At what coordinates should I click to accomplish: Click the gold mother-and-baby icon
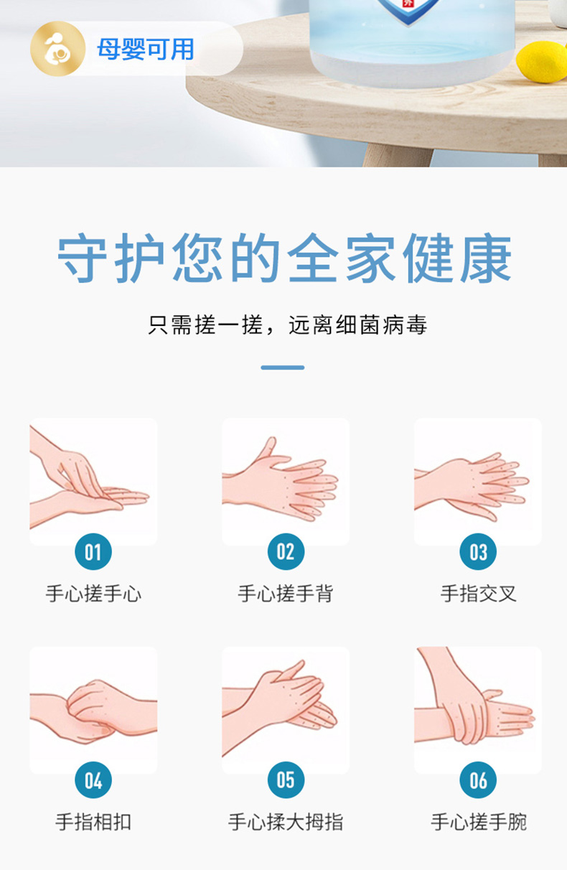(58, 49)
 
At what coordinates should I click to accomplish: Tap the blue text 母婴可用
(145, 50)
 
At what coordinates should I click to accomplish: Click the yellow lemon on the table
(543, 61)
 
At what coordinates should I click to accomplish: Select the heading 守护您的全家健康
(284, 258)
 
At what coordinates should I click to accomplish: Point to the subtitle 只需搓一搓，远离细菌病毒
(288, 324)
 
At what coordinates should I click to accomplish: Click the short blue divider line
(283, 368)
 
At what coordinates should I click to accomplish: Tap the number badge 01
(93, 551)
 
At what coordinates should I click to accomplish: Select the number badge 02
(286, 551)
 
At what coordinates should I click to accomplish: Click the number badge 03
(478, 551)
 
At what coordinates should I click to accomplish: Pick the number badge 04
(93, 780)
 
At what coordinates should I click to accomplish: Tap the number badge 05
(286, 780)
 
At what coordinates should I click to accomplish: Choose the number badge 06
(478, 780)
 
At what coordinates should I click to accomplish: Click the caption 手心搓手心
(93, 594)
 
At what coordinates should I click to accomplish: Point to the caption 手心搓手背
(286, 594)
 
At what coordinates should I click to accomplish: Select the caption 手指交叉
(478, 594)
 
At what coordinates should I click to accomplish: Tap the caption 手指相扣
(93, 822)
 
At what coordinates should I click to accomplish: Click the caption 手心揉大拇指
(286, 822)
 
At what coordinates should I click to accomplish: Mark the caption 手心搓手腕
(478, 822)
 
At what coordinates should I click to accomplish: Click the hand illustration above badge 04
(93, 710)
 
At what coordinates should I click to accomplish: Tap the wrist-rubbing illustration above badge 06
(478, 710)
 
